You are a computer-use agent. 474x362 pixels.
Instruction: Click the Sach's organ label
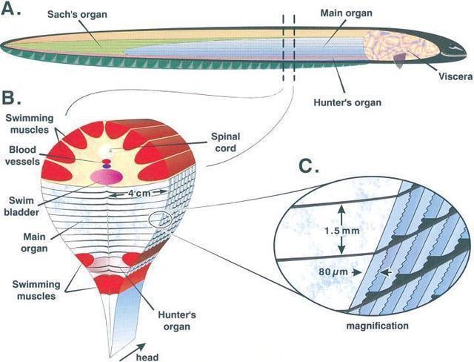[x=77, y=14]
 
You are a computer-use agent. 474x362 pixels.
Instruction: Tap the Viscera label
[x=456, y=76]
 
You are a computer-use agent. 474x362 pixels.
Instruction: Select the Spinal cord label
[x=225, y=142]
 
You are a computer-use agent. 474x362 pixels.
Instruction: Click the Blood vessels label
[x=22, y=155]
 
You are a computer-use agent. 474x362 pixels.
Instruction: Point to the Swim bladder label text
[x=21, y=206]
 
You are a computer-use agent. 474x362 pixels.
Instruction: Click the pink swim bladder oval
[x=107, y=177]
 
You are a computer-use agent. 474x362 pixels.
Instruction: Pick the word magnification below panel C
[x=377, y=326]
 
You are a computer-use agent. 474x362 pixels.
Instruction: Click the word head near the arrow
[x=147, y=357]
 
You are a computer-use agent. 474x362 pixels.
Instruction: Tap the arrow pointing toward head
[x=133, y=352]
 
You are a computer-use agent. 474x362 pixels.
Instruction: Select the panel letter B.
[x=12, y=97]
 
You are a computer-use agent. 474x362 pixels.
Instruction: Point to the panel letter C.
[x=309, y=166]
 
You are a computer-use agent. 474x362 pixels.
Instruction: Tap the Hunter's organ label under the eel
[x=347, y=102]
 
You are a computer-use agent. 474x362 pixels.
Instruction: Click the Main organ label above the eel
[x=347, y=13]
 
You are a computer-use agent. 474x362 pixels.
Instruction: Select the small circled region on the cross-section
[x=161, y=220]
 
